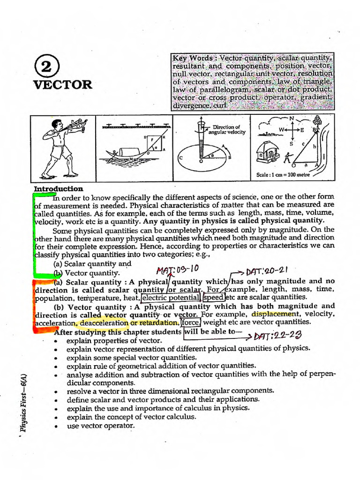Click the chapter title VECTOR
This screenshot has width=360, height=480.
[62, 85]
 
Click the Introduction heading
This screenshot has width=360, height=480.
[59, 188]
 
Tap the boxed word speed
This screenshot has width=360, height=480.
[214, 297]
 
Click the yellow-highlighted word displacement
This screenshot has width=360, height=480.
[274, 314]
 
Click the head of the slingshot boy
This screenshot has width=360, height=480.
[57, 125]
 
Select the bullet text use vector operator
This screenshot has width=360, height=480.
[101, 426]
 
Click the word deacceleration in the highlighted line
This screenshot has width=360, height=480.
[104, 323]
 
